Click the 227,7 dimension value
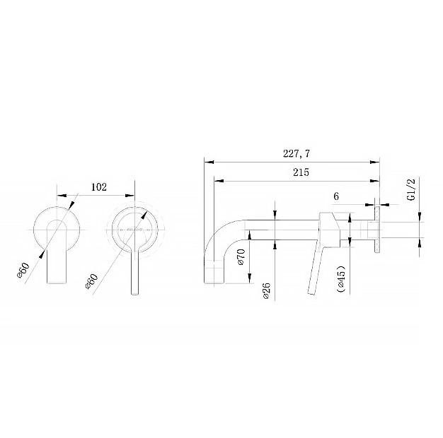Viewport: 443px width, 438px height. coord(296,154)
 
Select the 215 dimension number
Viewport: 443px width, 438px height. coord(301,172)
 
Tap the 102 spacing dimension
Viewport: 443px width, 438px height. coord(99,187)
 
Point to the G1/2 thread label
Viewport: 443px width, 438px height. coord(412,189)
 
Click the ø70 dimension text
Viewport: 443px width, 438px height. coord(241,256)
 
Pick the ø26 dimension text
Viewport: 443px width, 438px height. coord(266,291)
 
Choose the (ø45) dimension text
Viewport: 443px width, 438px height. coord(341,278)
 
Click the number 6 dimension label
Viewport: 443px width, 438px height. coord(336,196)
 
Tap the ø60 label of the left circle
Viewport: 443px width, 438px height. coord(23,270)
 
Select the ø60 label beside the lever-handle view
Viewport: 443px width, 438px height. coord(91,281)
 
